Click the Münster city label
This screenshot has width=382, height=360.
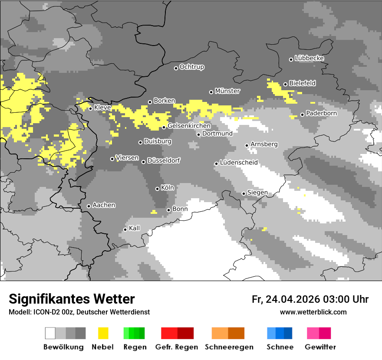pos(227,91)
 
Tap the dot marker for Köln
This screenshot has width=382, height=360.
pos(157,189)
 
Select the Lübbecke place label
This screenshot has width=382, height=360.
pos(309,58)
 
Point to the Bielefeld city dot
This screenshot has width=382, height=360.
pos(285,84)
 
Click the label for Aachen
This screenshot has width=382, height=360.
pos(104,205)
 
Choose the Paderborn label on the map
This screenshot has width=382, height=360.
pos(321,113)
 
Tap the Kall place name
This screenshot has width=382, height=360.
pos(135,228)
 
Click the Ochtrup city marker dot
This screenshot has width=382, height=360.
pos(176,68)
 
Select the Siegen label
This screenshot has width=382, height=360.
pos(257,193)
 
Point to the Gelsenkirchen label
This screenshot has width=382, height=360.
pos(189,126)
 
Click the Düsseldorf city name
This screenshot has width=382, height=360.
pos(163,160)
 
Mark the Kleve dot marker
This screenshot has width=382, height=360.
pos(90,108)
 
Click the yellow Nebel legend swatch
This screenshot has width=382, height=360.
pos(103,333)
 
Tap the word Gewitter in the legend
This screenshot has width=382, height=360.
pos(320,347)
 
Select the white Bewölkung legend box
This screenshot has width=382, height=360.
pos(50,333)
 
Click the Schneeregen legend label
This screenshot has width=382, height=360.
pos(229,347)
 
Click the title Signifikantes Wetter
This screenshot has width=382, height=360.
pos(72,299)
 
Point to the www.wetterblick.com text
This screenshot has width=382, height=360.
pos(313,312)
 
